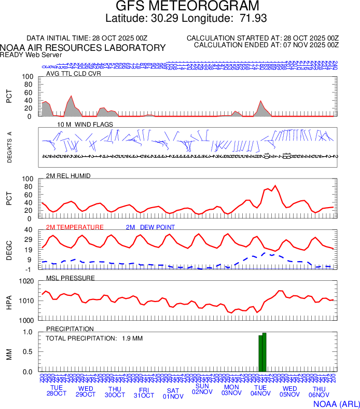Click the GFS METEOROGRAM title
187,7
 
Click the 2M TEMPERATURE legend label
75,227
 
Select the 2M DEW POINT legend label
150,227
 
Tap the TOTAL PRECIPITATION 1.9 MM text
94,338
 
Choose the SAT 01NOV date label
173,393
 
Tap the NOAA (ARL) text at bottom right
336,403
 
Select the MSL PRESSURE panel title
71,278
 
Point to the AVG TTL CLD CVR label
74,73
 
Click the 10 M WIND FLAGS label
82,125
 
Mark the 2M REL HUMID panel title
68,176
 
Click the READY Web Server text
31,54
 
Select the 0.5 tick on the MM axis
29,352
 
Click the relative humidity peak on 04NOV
275,185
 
